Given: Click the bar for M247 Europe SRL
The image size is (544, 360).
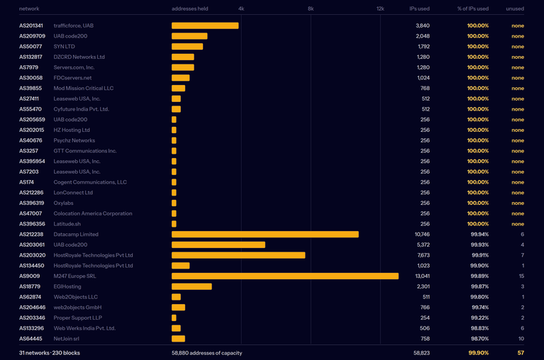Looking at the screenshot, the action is coord(285,276).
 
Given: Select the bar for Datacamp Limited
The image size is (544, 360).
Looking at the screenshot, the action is coord(265,235).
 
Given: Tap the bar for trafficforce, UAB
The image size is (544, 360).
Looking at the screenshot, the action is coord(205,26).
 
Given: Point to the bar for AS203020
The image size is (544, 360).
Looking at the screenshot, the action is coord(238,255).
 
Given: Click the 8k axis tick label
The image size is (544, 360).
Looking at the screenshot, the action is coord(311,9).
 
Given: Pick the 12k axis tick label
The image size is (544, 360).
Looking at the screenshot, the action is coord(380,9).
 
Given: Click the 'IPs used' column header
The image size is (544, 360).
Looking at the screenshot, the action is coord(419,9).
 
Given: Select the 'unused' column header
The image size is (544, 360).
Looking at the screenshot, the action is coord(515,9).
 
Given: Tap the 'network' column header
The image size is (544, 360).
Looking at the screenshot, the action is coord(29,9).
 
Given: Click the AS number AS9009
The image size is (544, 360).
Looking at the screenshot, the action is coord(30,276).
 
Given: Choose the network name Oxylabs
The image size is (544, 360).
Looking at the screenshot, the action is coord(64,203).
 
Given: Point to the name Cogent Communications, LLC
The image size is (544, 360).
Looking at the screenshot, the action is coord(90,182).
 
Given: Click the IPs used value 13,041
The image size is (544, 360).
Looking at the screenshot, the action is coord(422,276).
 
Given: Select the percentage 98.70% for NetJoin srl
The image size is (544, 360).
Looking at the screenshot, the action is coord(480,339).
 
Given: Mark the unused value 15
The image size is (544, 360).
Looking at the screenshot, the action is coord(521,276).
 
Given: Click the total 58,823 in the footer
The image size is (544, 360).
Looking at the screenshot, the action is coord(421,353).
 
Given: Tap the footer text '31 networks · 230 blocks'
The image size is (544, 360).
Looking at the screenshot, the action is coord(50,353).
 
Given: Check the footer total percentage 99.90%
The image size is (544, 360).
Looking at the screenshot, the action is coord(479,353).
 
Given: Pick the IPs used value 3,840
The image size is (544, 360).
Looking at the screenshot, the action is coord(423,26).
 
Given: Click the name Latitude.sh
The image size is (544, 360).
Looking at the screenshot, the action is coord(67,224).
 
